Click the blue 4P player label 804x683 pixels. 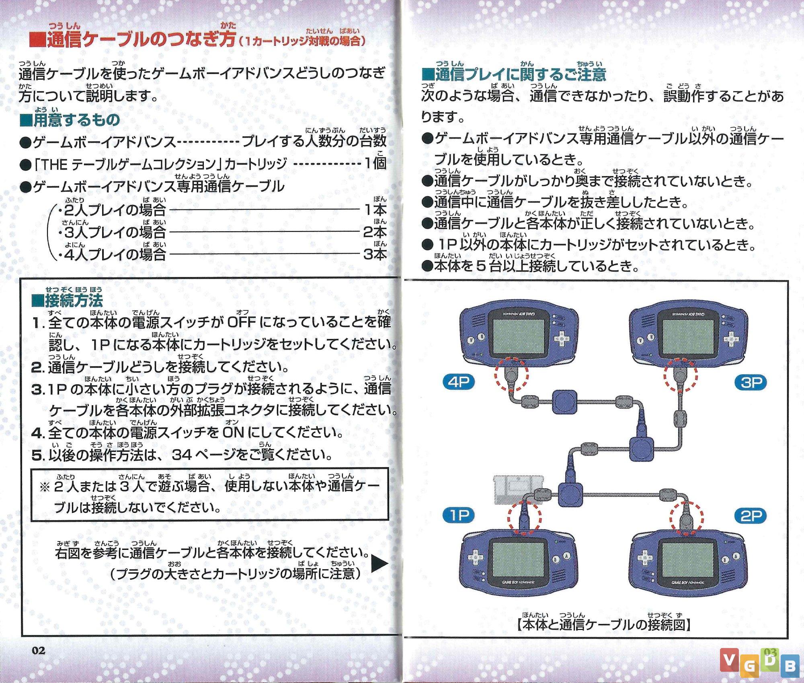point(458,381)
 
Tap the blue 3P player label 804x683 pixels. point(751,382)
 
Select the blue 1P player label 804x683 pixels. point(458,515)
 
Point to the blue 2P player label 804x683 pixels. point(751,516)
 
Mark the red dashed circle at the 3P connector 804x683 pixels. point(680,375)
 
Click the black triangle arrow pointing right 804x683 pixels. point(379,564)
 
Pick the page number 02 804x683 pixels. point(39,650)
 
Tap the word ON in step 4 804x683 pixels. point(233,433)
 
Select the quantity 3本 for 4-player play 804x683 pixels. point(375,254)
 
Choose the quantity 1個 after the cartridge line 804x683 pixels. point(375,163)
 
